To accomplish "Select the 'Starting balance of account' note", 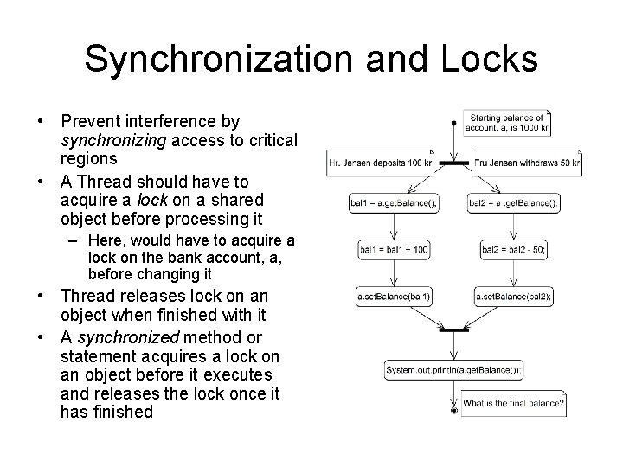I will click(507, 123).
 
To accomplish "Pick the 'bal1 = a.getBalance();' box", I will click(394, 203).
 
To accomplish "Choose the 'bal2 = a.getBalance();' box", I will click(514, 203).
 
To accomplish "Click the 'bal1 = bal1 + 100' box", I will click(394, 250).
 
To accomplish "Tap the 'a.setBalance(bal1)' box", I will click(394, 297).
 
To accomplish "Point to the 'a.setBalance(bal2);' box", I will click(514, 297).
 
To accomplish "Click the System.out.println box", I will click(454, 370).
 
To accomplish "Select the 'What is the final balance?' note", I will click(514, 403).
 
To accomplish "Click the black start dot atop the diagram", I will click(453, 123).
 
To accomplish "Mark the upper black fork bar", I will click(453, 163).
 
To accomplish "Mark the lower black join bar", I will click(453, 330).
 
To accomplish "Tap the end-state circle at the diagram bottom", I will click(454, 411).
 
